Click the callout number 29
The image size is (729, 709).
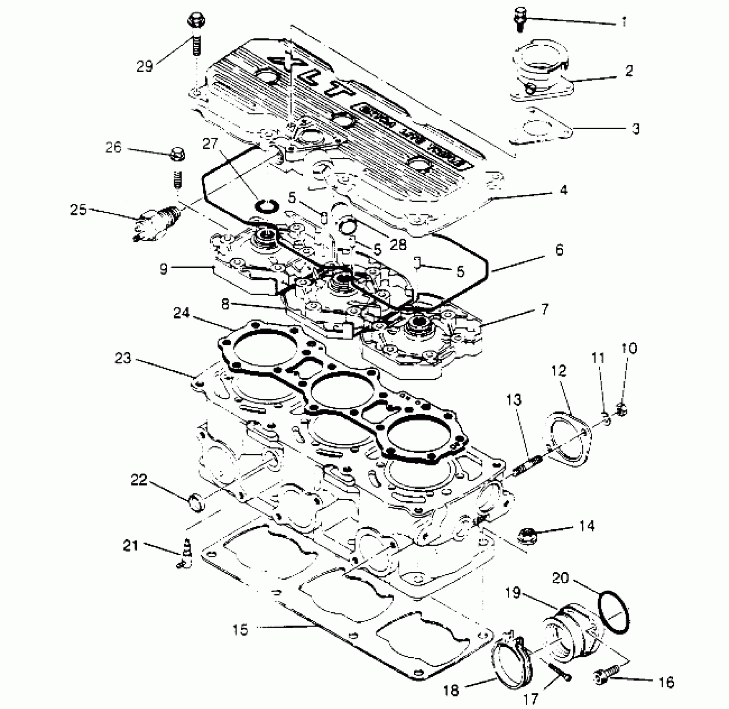[145, 66]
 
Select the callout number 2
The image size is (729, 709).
[629, 70]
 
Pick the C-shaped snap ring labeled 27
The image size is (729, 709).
[266, 206]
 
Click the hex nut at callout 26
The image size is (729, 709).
[178, 154]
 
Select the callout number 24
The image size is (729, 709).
[181, 313]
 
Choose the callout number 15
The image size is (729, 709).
[241, 629]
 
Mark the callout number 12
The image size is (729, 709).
[559, 370]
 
